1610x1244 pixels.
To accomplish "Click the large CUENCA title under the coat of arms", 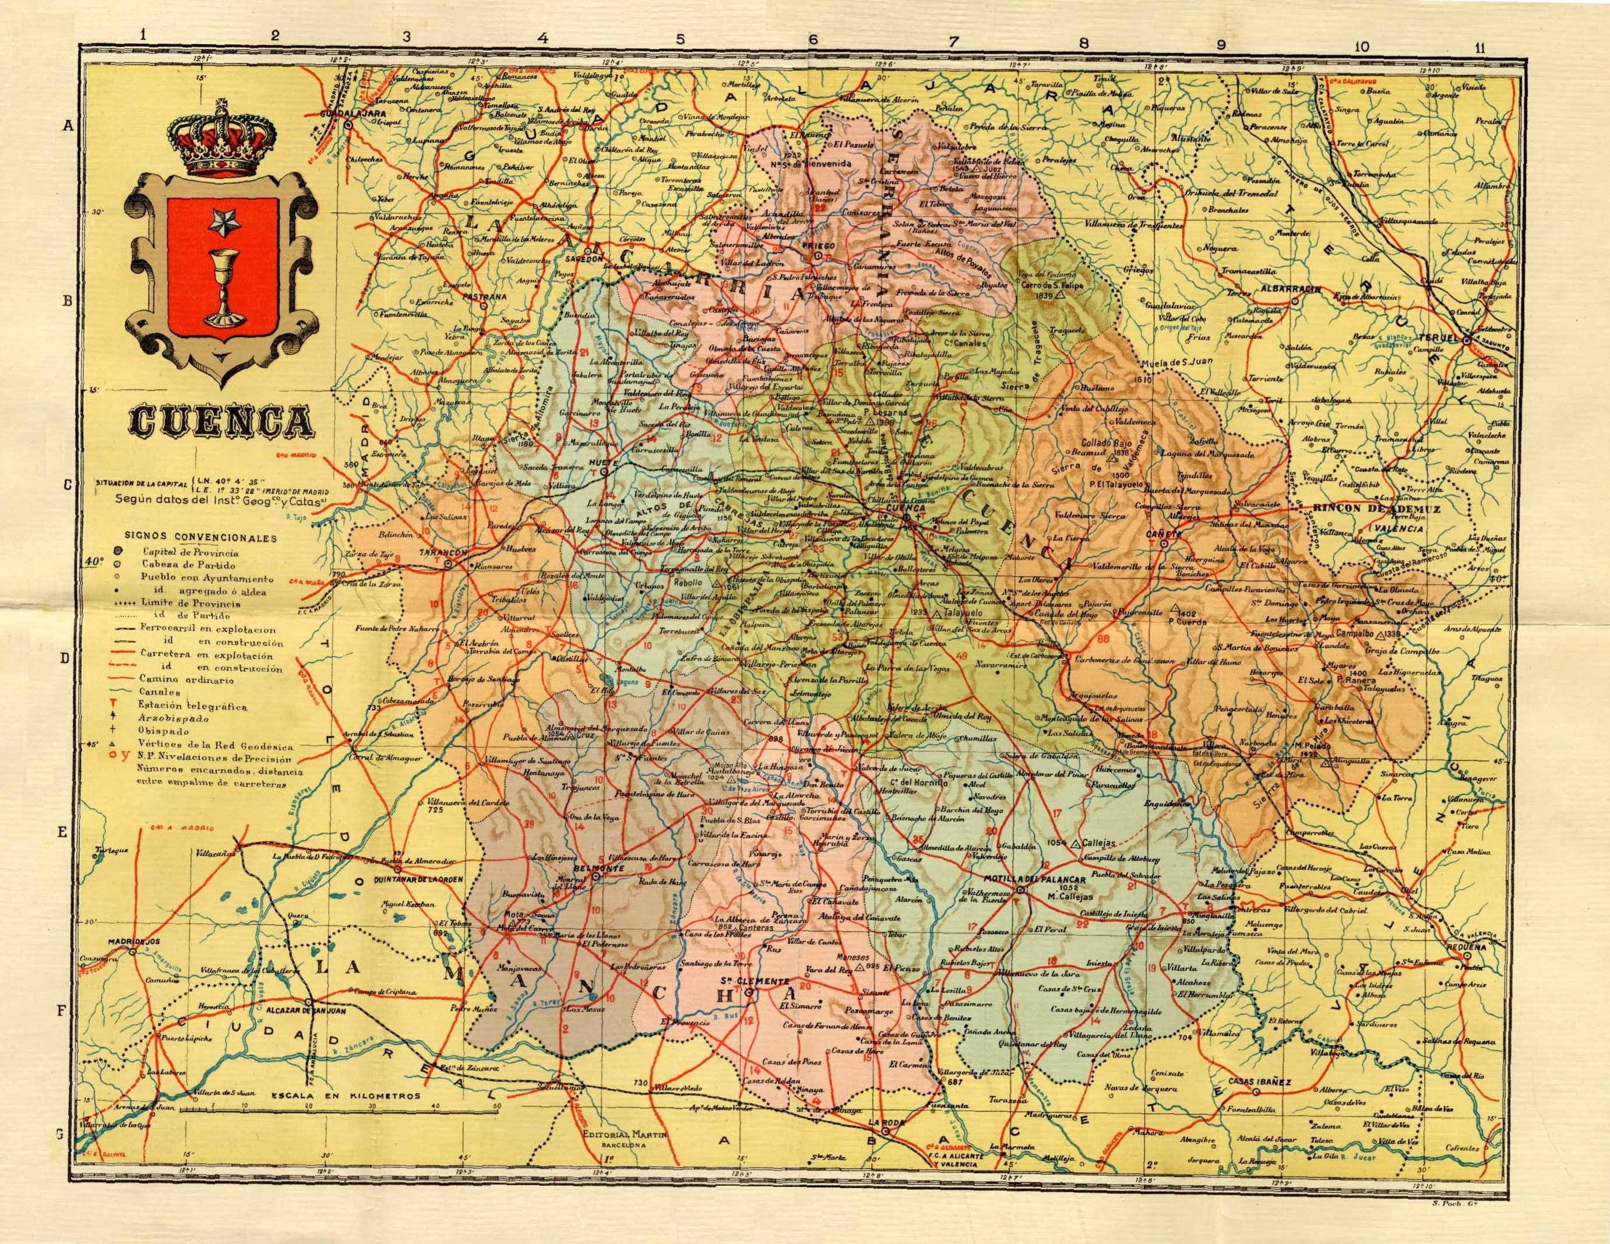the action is (x=219, y=421).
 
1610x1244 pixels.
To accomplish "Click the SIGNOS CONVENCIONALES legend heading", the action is (x=200, y=537).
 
